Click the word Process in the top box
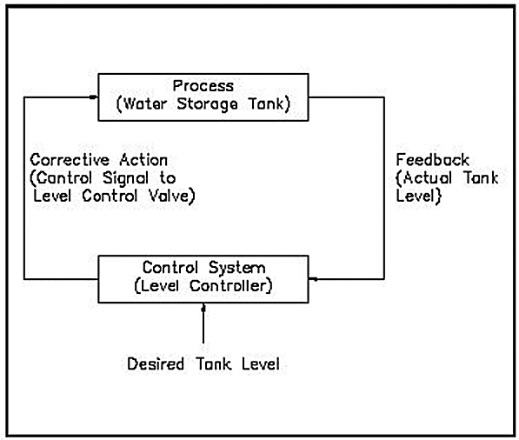point(203,86)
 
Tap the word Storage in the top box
point(207,104)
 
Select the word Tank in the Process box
point(266,104)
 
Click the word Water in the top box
point(145,104)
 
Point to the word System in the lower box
point(237,268)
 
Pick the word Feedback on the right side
point(433,160)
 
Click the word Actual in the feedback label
point(428,178)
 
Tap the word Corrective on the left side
point(70,160)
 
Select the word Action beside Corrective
point(143,160)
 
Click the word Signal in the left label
point(125,179)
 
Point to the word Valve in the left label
point(169,196)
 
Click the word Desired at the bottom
point(156,363)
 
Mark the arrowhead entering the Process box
point(94,97)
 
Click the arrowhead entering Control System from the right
point(313,279)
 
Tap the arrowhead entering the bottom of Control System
point(203,308)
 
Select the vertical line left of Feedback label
point(384,188)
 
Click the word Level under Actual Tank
point(415,196)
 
